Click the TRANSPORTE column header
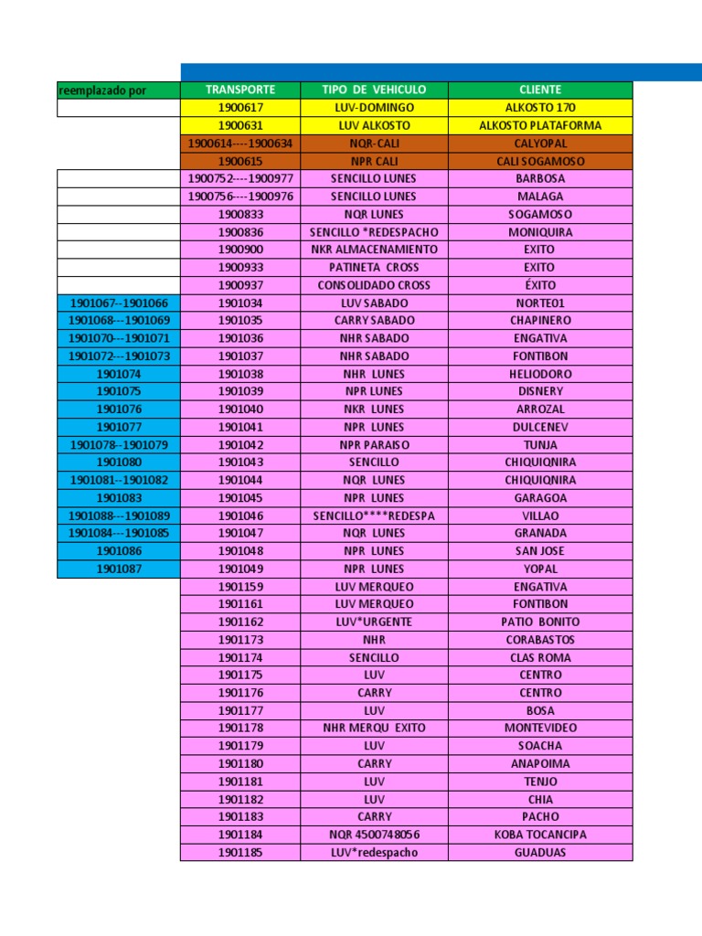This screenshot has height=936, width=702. (240, 90)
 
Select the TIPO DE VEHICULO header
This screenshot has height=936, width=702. (374, 90)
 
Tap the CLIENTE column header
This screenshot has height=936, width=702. (539, 90)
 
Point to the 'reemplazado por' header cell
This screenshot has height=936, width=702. (119, 90)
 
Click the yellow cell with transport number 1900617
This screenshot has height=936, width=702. (240, 108)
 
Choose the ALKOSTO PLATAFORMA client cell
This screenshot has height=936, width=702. (539, 125)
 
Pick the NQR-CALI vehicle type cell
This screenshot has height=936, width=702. (374, 144)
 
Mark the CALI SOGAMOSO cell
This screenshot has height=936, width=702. (539, 161)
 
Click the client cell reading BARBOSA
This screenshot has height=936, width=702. (539, 178)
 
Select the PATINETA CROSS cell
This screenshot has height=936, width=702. (374, 267)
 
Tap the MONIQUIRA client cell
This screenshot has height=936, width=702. (539, 232)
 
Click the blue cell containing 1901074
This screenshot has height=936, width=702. (119, 374)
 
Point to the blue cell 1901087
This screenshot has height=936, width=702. (119, 569)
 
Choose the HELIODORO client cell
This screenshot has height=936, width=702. (539, 374)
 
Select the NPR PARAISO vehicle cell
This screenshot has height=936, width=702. (374, 445)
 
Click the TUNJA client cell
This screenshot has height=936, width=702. (539, 445)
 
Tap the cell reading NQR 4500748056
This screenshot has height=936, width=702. (374, 835)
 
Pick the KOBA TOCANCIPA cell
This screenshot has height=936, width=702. (539, 835)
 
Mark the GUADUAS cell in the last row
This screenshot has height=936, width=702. (539, 853)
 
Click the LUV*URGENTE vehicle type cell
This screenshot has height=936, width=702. (374, 622)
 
